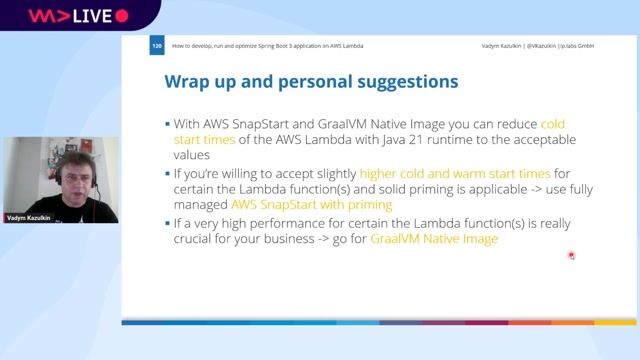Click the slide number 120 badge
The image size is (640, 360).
tap(156, 46)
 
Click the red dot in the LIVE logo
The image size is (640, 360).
tap(122, 16)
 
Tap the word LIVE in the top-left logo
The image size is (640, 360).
tap(87, 16)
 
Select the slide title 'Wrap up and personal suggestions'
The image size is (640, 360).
tap(310, 81)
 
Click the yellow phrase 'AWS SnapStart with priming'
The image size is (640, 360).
tap(289, 204)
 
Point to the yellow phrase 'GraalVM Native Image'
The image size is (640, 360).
tap(433, 240)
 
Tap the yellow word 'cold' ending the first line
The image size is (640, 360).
tap(552, 124)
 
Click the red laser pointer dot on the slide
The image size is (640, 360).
tap(571, 255)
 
